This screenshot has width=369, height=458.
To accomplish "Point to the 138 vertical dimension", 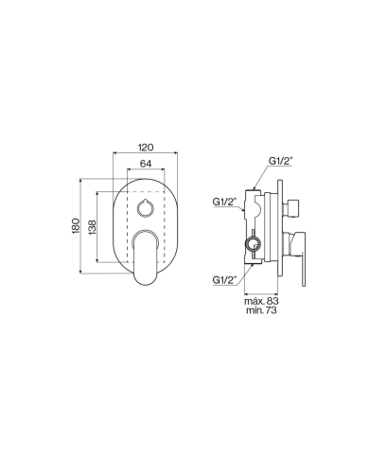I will [x=93, y=230].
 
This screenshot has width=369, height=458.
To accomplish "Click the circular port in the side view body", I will [x=252, y=245].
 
